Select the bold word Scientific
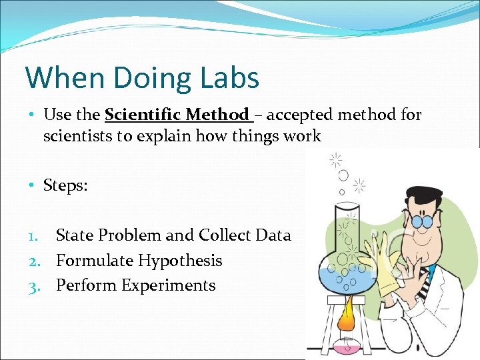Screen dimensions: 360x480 coord(142,115)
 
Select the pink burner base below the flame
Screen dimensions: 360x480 coord(347,347)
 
